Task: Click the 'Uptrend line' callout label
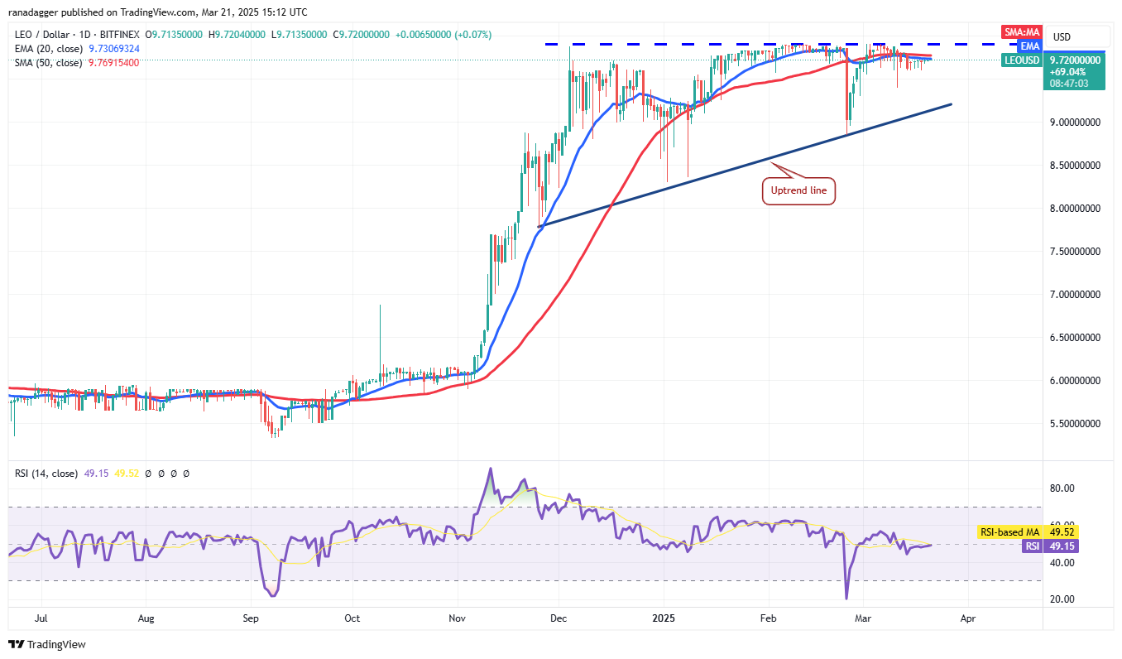pyautogui.click(x=798, y=191)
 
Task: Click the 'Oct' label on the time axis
pyautogui.click(x=352, y=618)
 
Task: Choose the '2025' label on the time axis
pyautogui.click(x=664, y=618)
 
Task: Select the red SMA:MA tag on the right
pyautogui.click(x=1019, y=32)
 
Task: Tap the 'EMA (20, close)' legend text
pyautogui.click(x=48, y=49)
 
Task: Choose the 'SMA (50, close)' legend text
pyautogui.click(x=48, y=62)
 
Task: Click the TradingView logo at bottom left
pyautogui.click(x=48, y=644)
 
